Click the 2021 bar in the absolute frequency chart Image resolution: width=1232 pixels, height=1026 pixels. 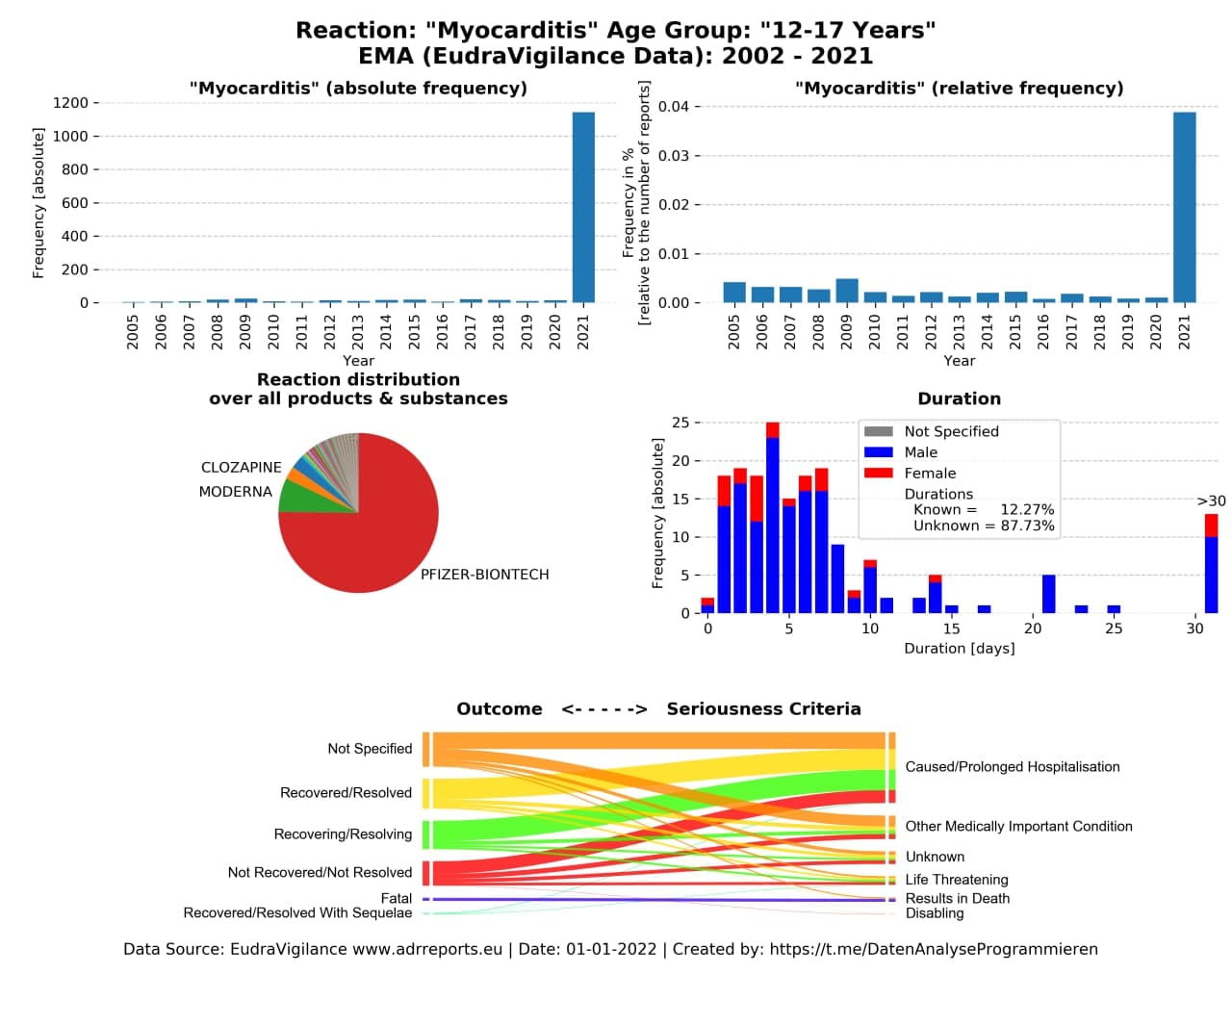pyautogui.click(x=583, y=207)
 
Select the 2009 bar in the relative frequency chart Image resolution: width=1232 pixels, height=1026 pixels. pyautogui.click(x=847, y=291)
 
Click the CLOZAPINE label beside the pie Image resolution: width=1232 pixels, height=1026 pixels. pyautogui.click(x=242, y=467)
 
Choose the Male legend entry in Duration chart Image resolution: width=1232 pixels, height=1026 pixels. pyautogui.click(x=900, y=452)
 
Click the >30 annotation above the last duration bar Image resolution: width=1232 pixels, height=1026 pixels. pyautogui.click(x=1211, y=500)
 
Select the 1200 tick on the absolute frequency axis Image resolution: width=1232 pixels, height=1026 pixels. pyautogui.click(x=70, y=103)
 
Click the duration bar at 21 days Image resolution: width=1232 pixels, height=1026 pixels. pyautogui.click(x=1048, y=594)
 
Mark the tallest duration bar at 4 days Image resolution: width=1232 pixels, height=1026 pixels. pyautogui.click(x=772, y=518)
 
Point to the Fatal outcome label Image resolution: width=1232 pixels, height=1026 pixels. pyautogui.click(x=396, y=898)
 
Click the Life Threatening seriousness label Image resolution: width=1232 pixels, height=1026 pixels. pyautogui.click(x=957, y=879)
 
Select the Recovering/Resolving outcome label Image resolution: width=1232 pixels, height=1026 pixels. pyautogui.click(x=343, y=834)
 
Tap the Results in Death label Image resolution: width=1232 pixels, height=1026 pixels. pyautogui.click(x=957, y=898)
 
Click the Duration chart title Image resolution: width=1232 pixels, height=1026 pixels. pyautogui.click(x=959, y=398)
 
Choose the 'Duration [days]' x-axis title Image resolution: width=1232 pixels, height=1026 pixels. pyautogui.click(x=959, y=649)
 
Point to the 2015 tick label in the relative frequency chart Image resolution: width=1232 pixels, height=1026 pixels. pyautogui.click(x=1014, y=332)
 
